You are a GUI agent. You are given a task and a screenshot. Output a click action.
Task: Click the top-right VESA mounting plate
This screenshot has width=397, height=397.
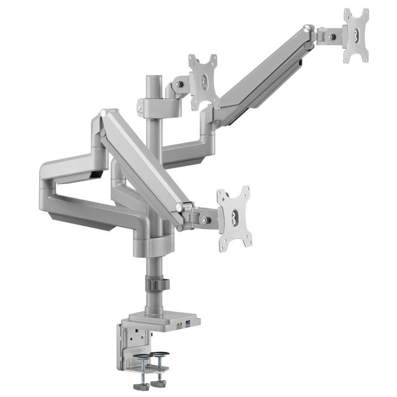pyautogui.click(x=356, y=35)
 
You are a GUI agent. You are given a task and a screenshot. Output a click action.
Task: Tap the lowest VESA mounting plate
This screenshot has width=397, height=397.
pyautogui.click(x=234, y=217)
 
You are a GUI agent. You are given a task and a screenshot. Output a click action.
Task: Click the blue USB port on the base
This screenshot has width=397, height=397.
pyautogui.click(x=189, y=323)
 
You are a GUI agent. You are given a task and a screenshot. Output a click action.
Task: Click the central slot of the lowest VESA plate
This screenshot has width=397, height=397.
pyautogui.click(x=234, y=217)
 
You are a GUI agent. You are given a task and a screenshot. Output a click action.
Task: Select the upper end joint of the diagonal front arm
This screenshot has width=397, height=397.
pyautogui.click(x=104, y=121)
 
